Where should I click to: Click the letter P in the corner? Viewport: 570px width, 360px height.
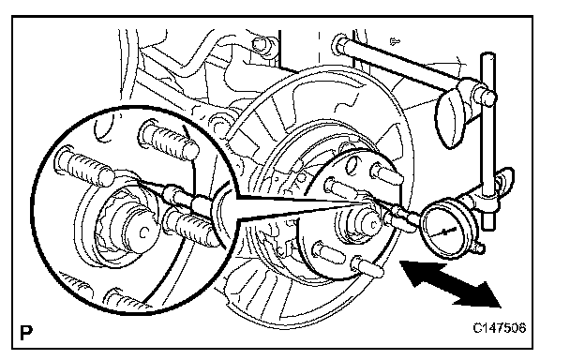[26, 333]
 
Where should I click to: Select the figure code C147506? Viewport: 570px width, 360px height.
[499, 328]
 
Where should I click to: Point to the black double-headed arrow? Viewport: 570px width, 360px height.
[450, 284]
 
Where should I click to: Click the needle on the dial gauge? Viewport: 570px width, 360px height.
[445, 232]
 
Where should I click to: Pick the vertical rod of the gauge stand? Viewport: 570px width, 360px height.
[488, 141]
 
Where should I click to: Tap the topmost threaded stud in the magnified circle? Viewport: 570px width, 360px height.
[170, 140]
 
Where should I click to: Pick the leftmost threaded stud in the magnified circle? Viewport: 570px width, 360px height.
[84, 166]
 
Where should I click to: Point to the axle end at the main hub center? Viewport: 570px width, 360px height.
[371, 224]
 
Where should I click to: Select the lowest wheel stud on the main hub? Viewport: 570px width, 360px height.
[367, 266]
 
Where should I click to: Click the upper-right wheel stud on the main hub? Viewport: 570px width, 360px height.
[387, 173]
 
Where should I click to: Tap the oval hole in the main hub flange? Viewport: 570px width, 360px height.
[351, 164]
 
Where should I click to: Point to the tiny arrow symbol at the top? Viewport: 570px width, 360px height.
[395, 41]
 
